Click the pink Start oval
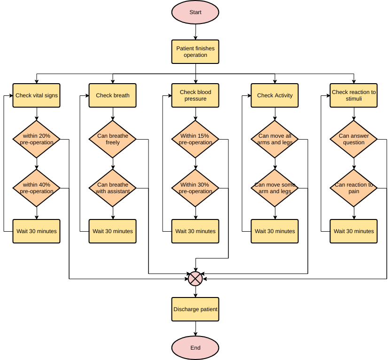coord(195,13)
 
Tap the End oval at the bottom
coord(195,348)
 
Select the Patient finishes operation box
coord(195,52)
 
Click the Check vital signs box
coord(37,95)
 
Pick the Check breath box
coord(113,95)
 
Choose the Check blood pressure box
coord(195,95)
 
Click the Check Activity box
coord(275,95)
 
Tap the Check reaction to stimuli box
coord(354,95)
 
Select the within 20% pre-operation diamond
coord(37,139)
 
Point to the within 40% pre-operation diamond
coord(37,188)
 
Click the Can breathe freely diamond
coord(113,139)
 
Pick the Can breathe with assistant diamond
coord(113,188)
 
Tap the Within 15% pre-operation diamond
coord(195,139)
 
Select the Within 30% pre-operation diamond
coord(195,188)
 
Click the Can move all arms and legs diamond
coord(275,139)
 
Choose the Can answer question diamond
coord(354,139)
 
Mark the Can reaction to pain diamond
coord(354,188)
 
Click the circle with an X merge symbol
coord(195,279)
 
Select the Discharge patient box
coord(195,309)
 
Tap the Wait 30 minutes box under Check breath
coord(113,231)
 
